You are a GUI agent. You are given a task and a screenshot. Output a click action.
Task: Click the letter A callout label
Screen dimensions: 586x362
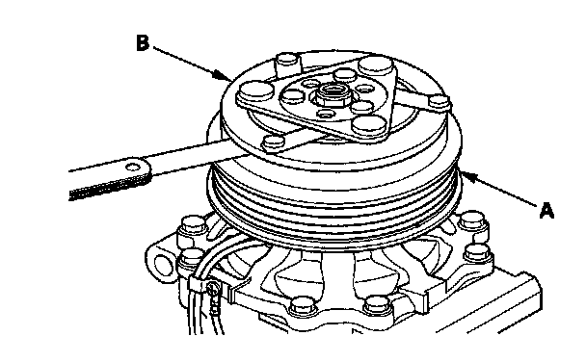tap(546, 211)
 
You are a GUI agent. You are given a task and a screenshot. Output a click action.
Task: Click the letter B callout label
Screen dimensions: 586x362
tap(143, 42)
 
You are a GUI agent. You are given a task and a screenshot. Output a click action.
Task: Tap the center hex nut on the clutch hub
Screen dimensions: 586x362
tap(330, 94)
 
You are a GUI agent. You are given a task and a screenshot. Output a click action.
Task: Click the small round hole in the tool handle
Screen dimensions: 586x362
tap(132, 167)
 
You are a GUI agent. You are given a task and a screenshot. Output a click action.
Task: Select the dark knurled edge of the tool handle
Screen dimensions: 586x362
tap(109, 189)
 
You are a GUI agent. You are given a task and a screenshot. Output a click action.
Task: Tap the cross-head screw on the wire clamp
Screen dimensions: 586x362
tap(213, 288)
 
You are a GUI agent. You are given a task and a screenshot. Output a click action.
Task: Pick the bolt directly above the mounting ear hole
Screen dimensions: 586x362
tap(192, 227)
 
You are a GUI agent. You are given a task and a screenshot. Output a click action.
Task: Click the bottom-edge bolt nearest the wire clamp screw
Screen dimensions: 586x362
tap(302, 306)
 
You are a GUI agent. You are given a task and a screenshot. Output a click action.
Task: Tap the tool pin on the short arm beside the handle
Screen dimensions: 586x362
tap(274, 142)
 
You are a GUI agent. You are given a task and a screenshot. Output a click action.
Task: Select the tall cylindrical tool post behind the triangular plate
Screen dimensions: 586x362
tap(288, 65)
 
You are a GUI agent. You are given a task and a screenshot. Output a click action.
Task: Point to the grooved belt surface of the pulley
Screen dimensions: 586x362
tap(333, 209)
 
